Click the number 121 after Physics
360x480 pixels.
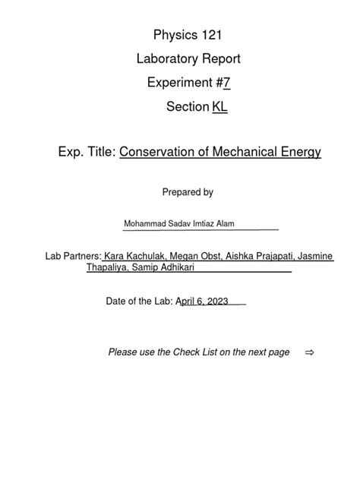click(x=207, y=35)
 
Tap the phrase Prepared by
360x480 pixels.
click(x=187, y=192)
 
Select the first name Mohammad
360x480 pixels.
click(x=147, y=224)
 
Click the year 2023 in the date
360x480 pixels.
click(x=214, y=302)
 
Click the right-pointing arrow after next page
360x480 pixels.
click(x=309, y=352)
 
